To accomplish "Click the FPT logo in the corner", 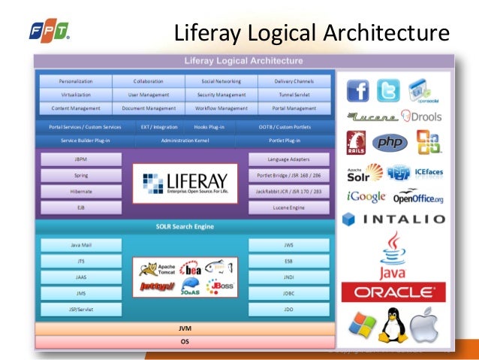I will (x=49, y=31).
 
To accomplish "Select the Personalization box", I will (x=75, y=80).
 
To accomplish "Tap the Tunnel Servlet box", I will (x=295, y=95).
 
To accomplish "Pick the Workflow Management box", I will (x=222, y=108).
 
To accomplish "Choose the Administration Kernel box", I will (x=185, y=141).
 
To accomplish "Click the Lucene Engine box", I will (x=288, y=207).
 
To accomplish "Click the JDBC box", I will (x=288, y=292).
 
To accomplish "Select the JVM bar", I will (x=185, y=328).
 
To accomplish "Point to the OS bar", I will (x=185, y=342).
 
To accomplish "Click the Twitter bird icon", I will (x=389, y=90).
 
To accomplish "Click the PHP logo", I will (x=391, y=143).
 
